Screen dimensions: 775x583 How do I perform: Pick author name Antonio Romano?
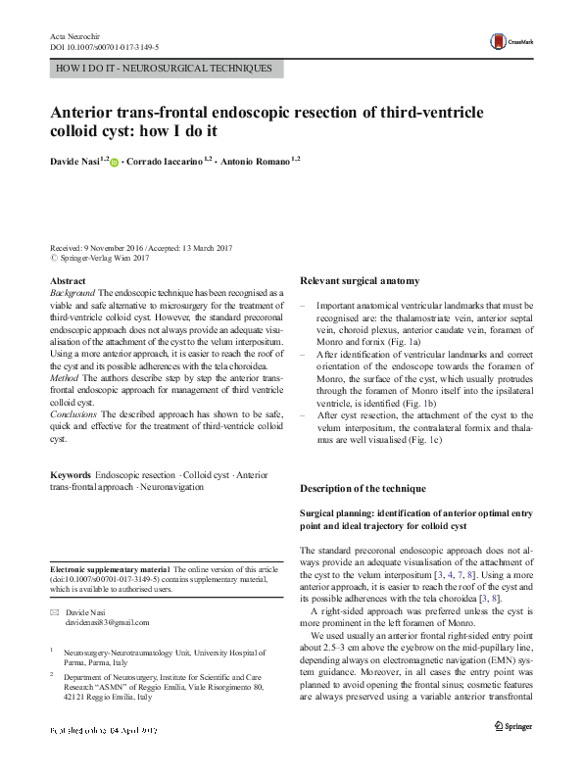(257, 160)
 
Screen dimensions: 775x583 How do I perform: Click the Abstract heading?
(68, 280)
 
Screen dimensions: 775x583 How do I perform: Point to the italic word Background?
(72, 293)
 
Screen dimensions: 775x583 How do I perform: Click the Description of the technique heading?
(363, 488)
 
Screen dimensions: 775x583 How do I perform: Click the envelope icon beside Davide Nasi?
(54, 610)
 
